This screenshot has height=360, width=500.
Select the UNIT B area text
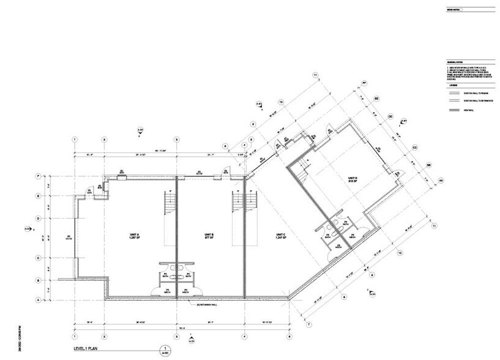pos(208,237)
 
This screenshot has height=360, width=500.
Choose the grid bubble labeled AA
pos(441,181)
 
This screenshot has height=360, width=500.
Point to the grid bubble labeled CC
pos(414,148)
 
